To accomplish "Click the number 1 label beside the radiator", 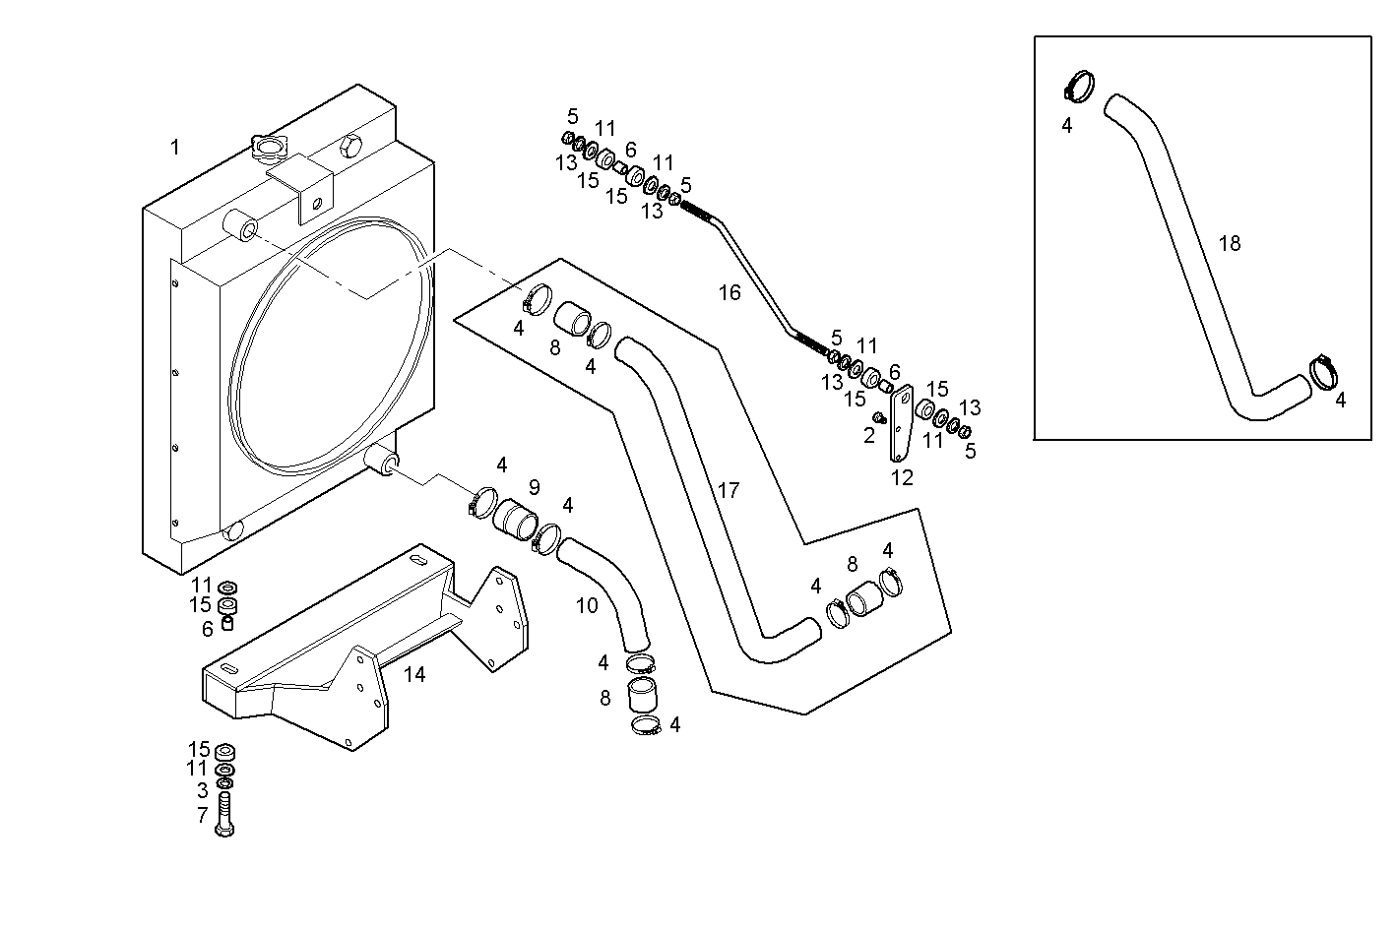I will (x=174, y=148).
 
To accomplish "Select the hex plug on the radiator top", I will (x=351, y=150).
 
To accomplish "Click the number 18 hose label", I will (x=1229, y=243).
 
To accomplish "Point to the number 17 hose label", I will (x=728, y=490).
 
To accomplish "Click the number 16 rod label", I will (x=729, y=292).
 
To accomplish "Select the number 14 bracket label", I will (x=414, y=674).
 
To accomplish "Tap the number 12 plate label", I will (x=902, y=478).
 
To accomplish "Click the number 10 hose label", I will (x=587, y=605).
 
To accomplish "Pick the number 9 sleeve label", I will (x=534, y=487).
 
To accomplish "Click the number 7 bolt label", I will (x=202, y=815).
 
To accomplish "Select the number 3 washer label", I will (x=202, y=790).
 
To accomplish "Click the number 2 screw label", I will (x=868, y=435).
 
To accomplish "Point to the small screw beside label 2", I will (x=881, y=418).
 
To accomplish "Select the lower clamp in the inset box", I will (x=1325, y=373).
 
